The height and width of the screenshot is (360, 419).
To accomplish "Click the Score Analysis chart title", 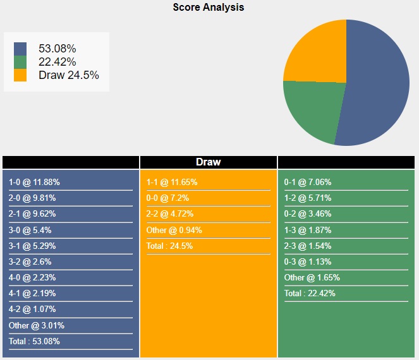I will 208,8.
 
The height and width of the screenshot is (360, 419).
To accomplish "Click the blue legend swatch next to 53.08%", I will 20,49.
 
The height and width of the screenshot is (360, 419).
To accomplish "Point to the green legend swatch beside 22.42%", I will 20,62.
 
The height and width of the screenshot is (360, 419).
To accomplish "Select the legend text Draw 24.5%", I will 68,75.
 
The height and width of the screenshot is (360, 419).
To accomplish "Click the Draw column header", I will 208,162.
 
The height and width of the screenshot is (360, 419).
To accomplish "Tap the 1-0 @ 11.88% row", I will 34,183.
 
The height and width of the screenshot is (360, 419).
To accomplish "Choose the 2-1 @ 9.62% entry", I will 32,214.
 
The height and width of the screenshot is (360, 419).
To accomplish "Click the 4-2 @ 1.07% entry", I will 32,309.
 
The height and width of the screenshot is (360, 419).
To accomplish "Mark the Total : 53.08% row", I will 35,342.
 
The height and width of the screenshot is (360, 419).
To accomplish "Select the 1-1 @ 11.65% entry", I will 172,183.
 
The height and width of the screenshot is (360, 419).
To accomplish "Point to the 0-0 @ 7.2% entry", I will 167,198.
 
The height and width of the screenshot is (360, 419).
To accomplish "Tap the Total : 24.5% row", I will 169,246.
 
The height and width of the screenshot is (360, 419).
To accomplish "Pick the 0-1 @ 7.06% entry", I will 308,183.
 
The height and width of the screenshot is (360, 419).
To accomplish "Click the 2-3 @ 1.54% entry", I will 308,246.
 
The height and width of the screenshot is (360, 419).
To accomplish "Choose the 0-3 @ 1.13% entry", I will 308,262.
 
